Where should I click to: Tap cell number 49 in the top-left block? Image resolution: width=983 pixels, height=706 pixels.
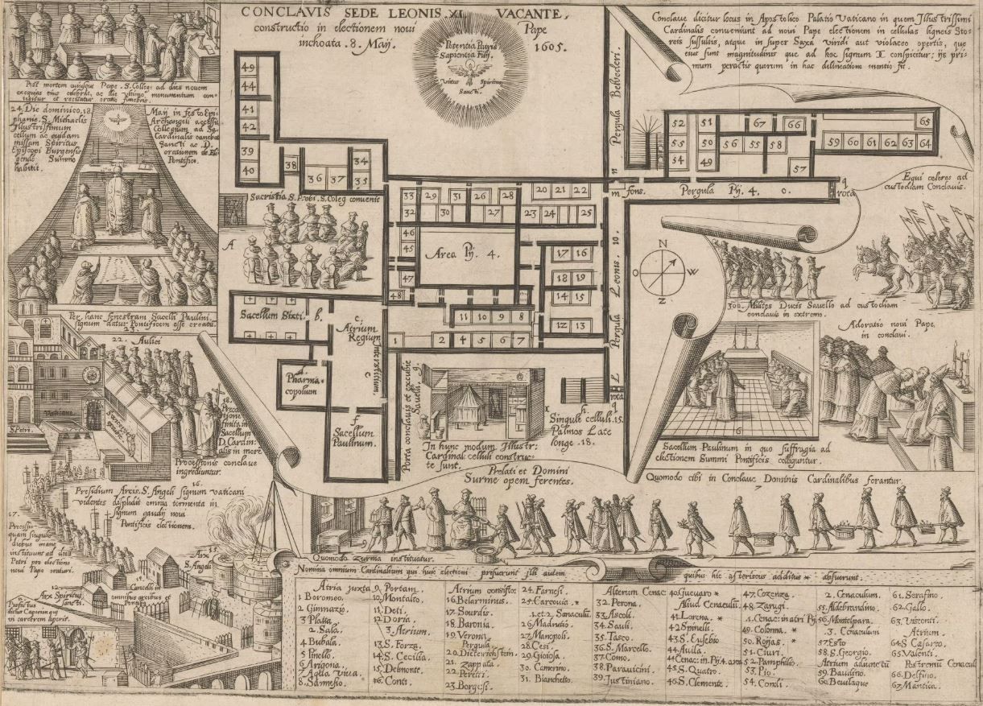tap(248, 68)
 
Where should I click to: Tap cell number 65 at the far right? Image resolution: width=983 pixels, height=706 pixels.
tap(923, 120)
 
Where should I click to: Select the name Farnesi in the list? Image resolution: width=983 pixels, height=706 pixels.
tap(543, 588)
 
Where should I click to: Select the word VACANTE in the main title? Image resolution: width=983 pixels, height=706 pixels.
tap(535, 13)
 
